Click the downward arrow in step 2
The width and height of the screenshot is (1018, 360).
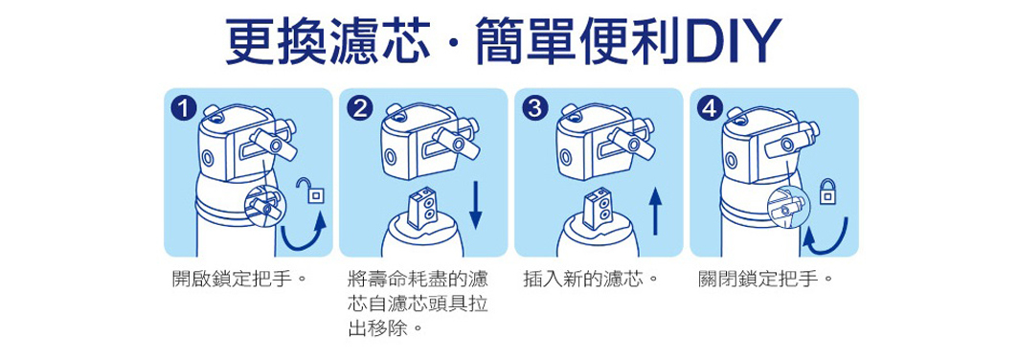click(477, 207)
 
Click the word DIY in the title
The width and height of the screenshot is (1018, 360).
click(729, 43)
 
